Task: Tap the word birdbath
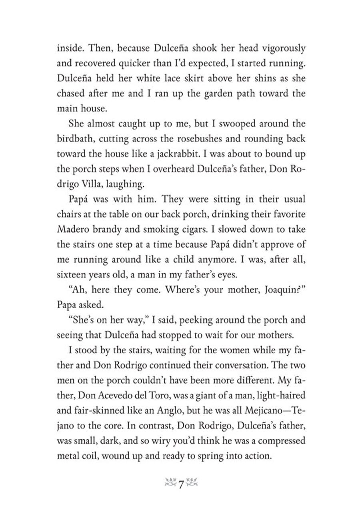tap(76, 139)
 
